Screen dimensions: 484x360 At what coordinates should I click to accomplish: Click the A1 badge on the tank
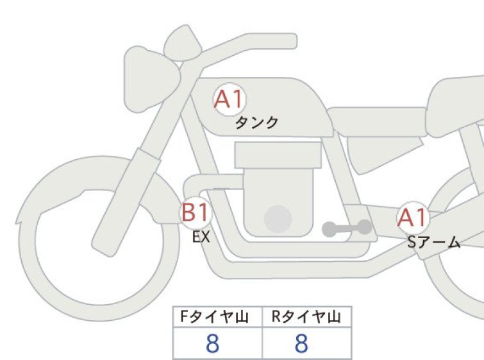229,99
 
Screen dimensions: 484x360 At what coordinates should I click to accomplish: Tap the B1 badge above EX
196,212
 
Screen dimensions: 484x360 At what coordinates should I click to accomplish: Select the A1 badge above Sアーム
413,218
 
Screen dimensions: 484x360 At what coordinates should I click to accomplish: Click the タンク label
256,123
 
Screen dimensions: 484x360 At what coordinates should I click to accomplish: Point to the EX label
201,237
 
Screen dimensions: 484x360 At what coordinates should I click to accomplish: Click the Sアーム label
434,243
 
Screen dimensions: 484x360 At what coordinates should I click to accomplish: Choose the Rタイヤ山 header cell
307,317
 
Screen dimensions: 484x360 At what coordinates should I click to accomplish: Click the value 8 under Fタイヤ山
212,343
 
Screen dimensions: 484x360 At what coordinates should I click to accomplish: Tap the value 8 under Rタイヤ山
301,343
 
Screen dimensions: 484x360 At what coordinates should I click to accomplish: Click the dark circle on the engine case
278,219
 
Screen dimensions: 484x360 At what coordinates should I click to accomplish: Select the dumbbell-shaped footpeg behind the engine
347,228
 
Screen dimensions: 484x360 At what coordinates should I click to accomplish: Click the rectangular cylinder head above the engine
278,155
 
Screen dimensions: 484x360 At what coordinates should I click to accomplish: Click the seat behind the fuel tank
376,121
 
